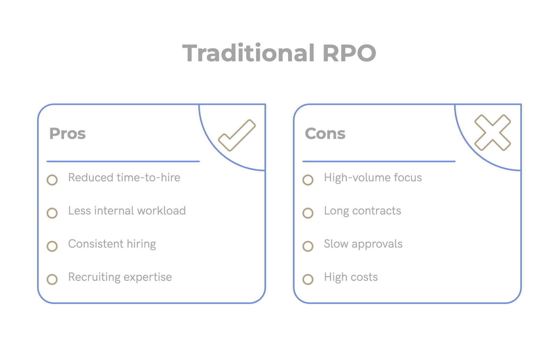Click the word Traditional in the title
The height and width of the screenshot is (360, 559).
point(248,53)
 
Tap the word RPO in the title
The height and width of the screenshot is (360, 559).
point(349,53)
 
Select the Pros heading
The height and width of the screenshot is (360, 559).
point(67,134)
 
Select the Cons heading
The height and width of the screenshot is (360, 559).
point(325,134)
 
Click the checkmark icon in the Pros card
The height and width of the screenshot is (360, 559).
point(237,135)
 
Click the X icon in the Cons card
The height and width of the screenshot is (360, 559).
point(493,133)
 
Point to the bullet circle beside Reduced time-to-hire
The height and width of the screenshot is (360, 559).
point(52,180)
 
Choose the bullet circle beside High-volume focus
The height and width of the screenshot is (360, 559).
point(308,180)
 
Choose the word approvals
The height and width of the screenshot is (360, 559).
point(377,244)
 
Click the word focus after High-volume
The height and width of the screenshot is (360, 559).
point(408,178)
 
